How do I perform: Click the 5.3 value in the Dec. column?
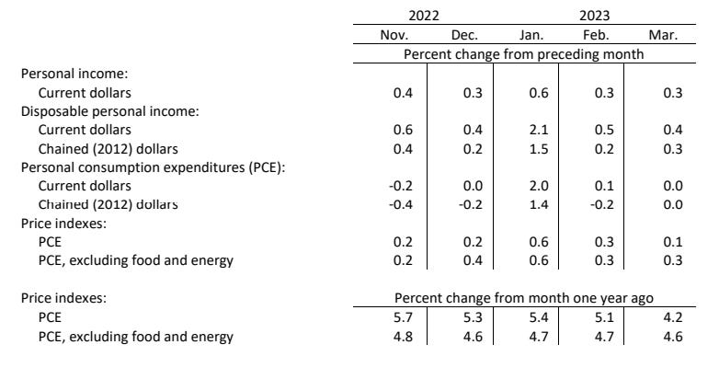click(464, 317)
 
